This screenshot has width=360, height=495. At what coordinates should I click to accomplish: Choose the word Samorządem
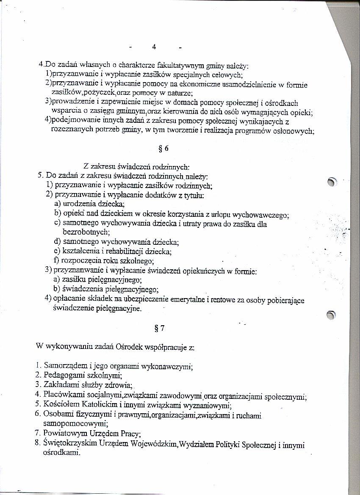tap(66, 365)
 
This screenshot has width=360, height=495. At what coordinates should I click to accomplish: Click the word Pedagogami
tap(65, 375)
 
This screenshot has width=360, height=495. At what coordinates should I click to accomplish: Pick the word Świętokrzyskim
tap(72, 444)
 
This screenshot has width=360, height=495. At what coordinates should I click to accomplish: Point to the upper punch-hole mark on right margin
tap(333, 181)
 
